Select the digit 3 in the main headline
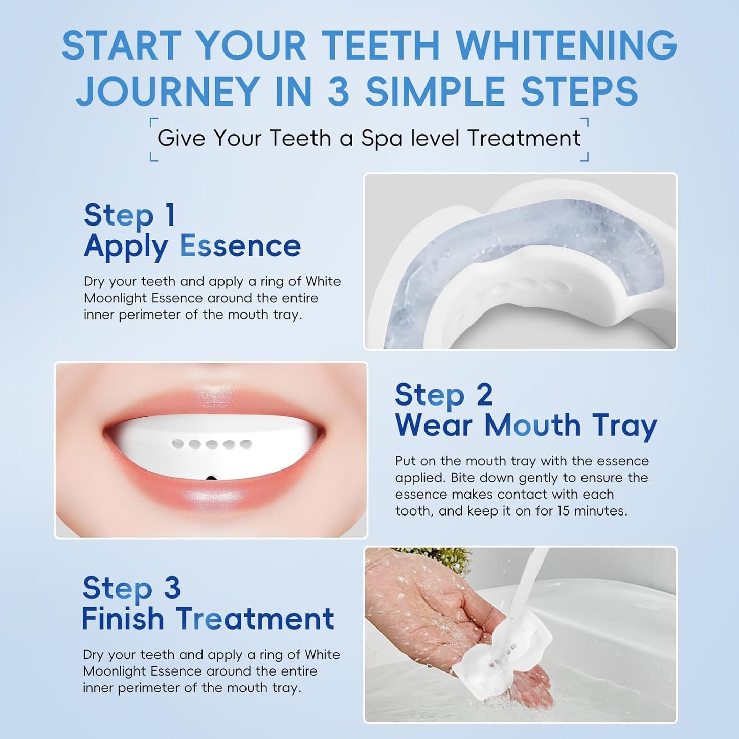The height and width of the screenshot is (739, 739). tap(338, 92)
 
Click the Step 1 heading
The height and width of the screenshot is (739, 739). tap(130, 215)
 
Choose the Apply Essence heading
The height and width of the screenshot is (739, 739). tap(192, 246)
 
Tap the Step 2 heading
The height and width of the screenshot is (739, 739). tap(443, 395)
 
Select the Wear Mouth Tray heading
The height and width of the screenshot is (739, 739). tap(526, 426)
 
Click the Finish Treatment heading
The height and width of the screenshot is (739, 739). tap(208, 619)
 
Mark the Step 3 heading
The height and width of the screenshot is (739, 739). tap(131, 588)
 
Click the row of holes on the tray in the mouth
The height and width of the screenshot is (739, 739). tap(212, 444)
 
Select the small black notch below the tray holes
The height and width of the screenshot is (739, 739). tap(210, 478)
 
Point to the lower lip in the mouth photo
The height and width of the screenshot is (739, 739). tap(210, 504)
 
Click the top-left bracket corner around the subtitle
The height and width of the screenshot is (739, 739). tap(153, 122)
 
